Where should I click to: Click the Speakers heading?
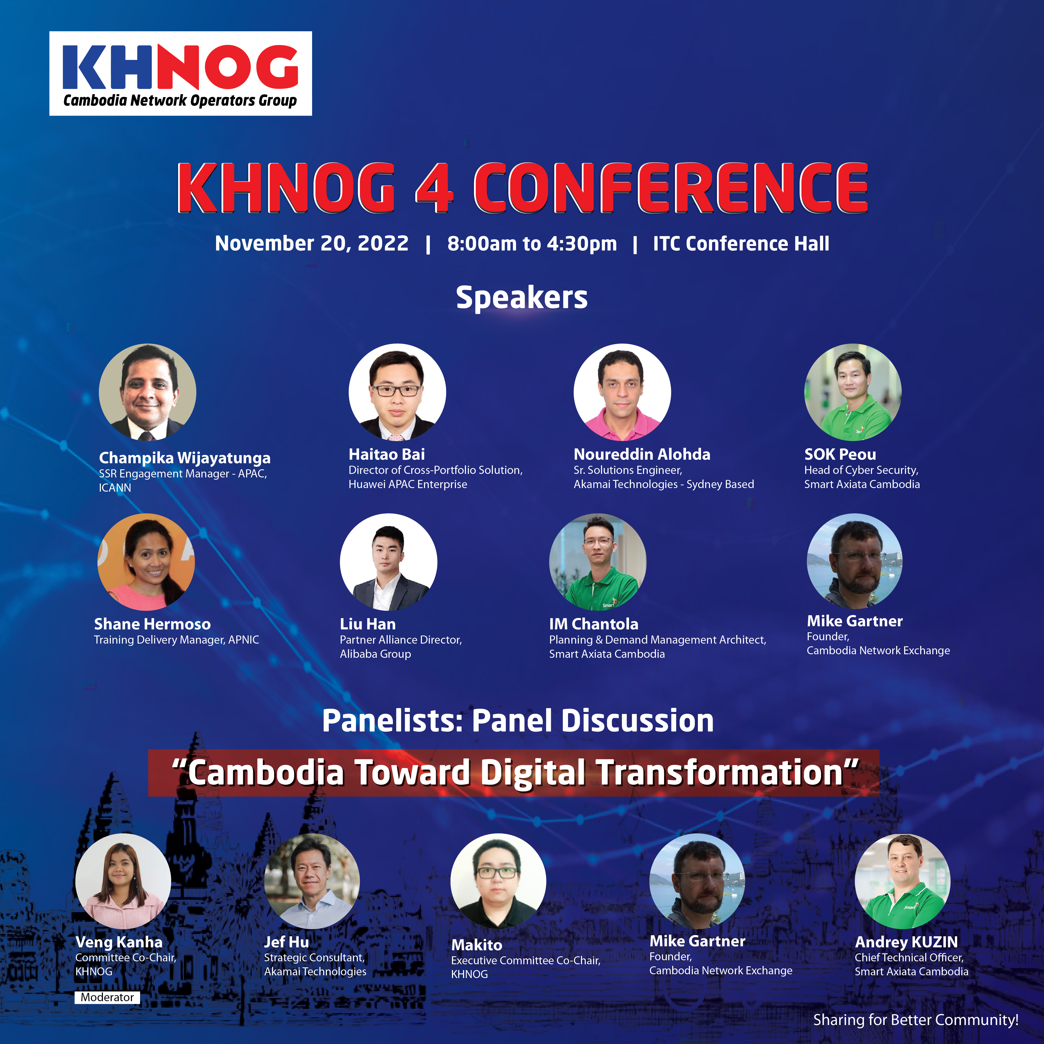coord(521,298)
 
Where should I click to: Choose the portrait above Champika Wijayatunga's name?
coord(148,392)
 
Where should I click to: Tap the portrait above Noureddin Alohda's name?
coord(622,392)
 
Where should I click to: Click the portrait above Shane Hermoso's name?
coord(146,562)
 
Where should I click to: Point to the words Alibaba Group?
coord(376,654)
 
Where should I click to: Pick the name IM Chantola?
coord(594,624)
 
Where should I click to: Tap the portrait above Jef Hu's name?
coord(312,881)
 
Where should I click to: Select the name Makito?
coord(477,945)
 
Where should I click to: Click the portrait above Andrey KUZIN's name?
coord(902,881)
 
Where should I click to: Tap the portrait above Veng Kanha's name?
coord(123,881)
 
